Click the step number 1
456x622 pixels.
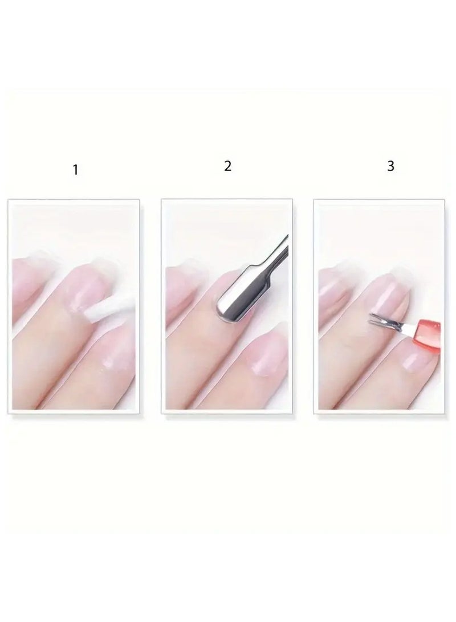(x=75, y=170)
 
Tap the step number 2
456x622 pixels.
(x=227, y=167)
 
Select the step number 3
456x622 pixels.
(x=390, y=167)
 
